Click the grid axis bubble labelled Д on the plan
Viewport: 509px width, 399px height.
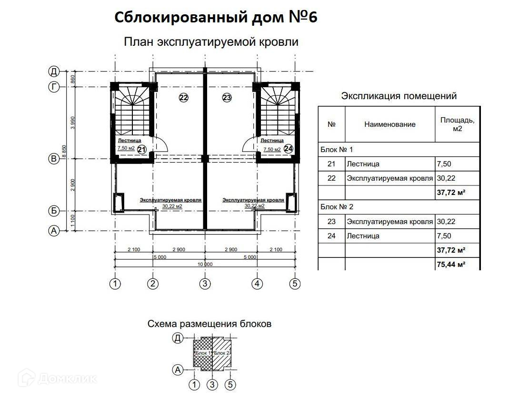54,72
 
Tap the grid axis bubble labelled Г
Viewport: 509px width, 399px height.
54,87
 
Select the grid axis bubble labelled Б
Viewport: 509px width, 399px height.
54,211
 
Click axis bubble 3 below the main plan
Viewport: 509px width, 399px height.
205,284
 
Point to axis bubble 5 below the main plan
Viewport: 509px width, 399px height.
295,284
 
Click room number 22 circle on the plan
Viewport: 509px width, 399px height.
184,98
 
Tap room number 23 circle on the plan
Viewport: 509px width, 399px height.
227,98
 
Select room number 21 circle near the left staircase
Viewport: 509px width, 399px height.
141,149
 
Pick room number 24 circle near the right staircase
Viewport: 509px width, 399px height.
288,149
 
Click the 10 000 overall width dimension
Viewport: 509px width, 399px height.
205,264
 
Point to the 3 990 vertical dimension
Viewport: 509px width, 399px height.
73,123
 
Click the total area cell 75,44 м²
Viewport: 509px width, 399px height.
450,264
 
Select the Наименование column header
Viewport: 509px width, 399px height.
390,124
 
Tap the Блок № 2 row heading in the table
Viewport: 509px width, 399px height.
337,207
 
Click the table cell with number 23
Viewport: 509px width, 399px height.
332,222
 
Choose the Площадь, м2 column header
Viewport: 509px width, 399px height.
457,124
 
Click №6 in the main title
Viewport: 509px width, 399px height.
302,18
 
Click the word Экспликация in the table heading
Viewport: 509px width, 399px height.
370,96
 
